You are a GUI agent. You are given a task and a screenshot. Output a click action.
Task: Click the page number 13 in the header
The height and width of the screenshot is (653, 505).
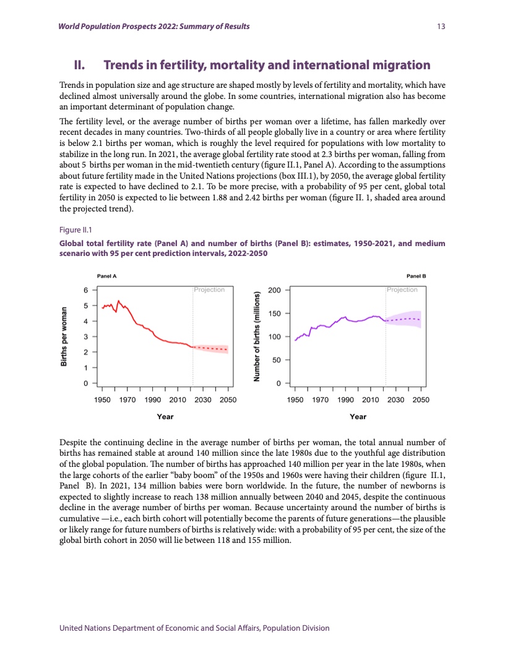441,27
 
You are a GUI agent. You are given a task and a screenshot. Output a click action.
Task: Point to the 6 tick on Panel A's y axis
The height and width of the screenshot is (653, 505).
87,289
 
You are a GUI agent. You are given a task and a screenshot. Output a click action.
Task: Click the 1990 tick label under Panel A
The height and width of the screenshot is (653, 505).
152,400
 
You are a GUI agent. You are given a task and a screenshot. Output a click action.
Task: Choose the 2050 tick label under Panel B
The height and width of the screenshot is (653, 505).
421,400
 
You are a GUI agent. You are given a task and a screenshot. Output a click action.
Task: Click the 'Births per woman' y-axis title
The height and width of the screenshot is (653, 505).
64,336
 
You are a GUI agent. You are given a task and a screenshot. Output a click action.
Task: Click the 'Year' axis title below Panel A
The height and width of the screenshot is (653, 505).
165,417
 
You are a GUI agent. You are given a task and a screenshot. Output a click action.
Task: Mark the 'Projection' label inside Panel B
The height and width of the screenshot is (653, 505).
402,289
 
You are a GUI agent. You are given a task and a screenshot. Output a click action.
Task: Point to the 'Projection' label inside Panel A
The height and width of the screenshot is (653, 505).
209,289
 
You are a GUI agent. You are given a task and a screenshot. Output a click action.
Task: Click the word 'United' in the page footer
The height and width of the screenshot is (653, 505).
73,628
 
